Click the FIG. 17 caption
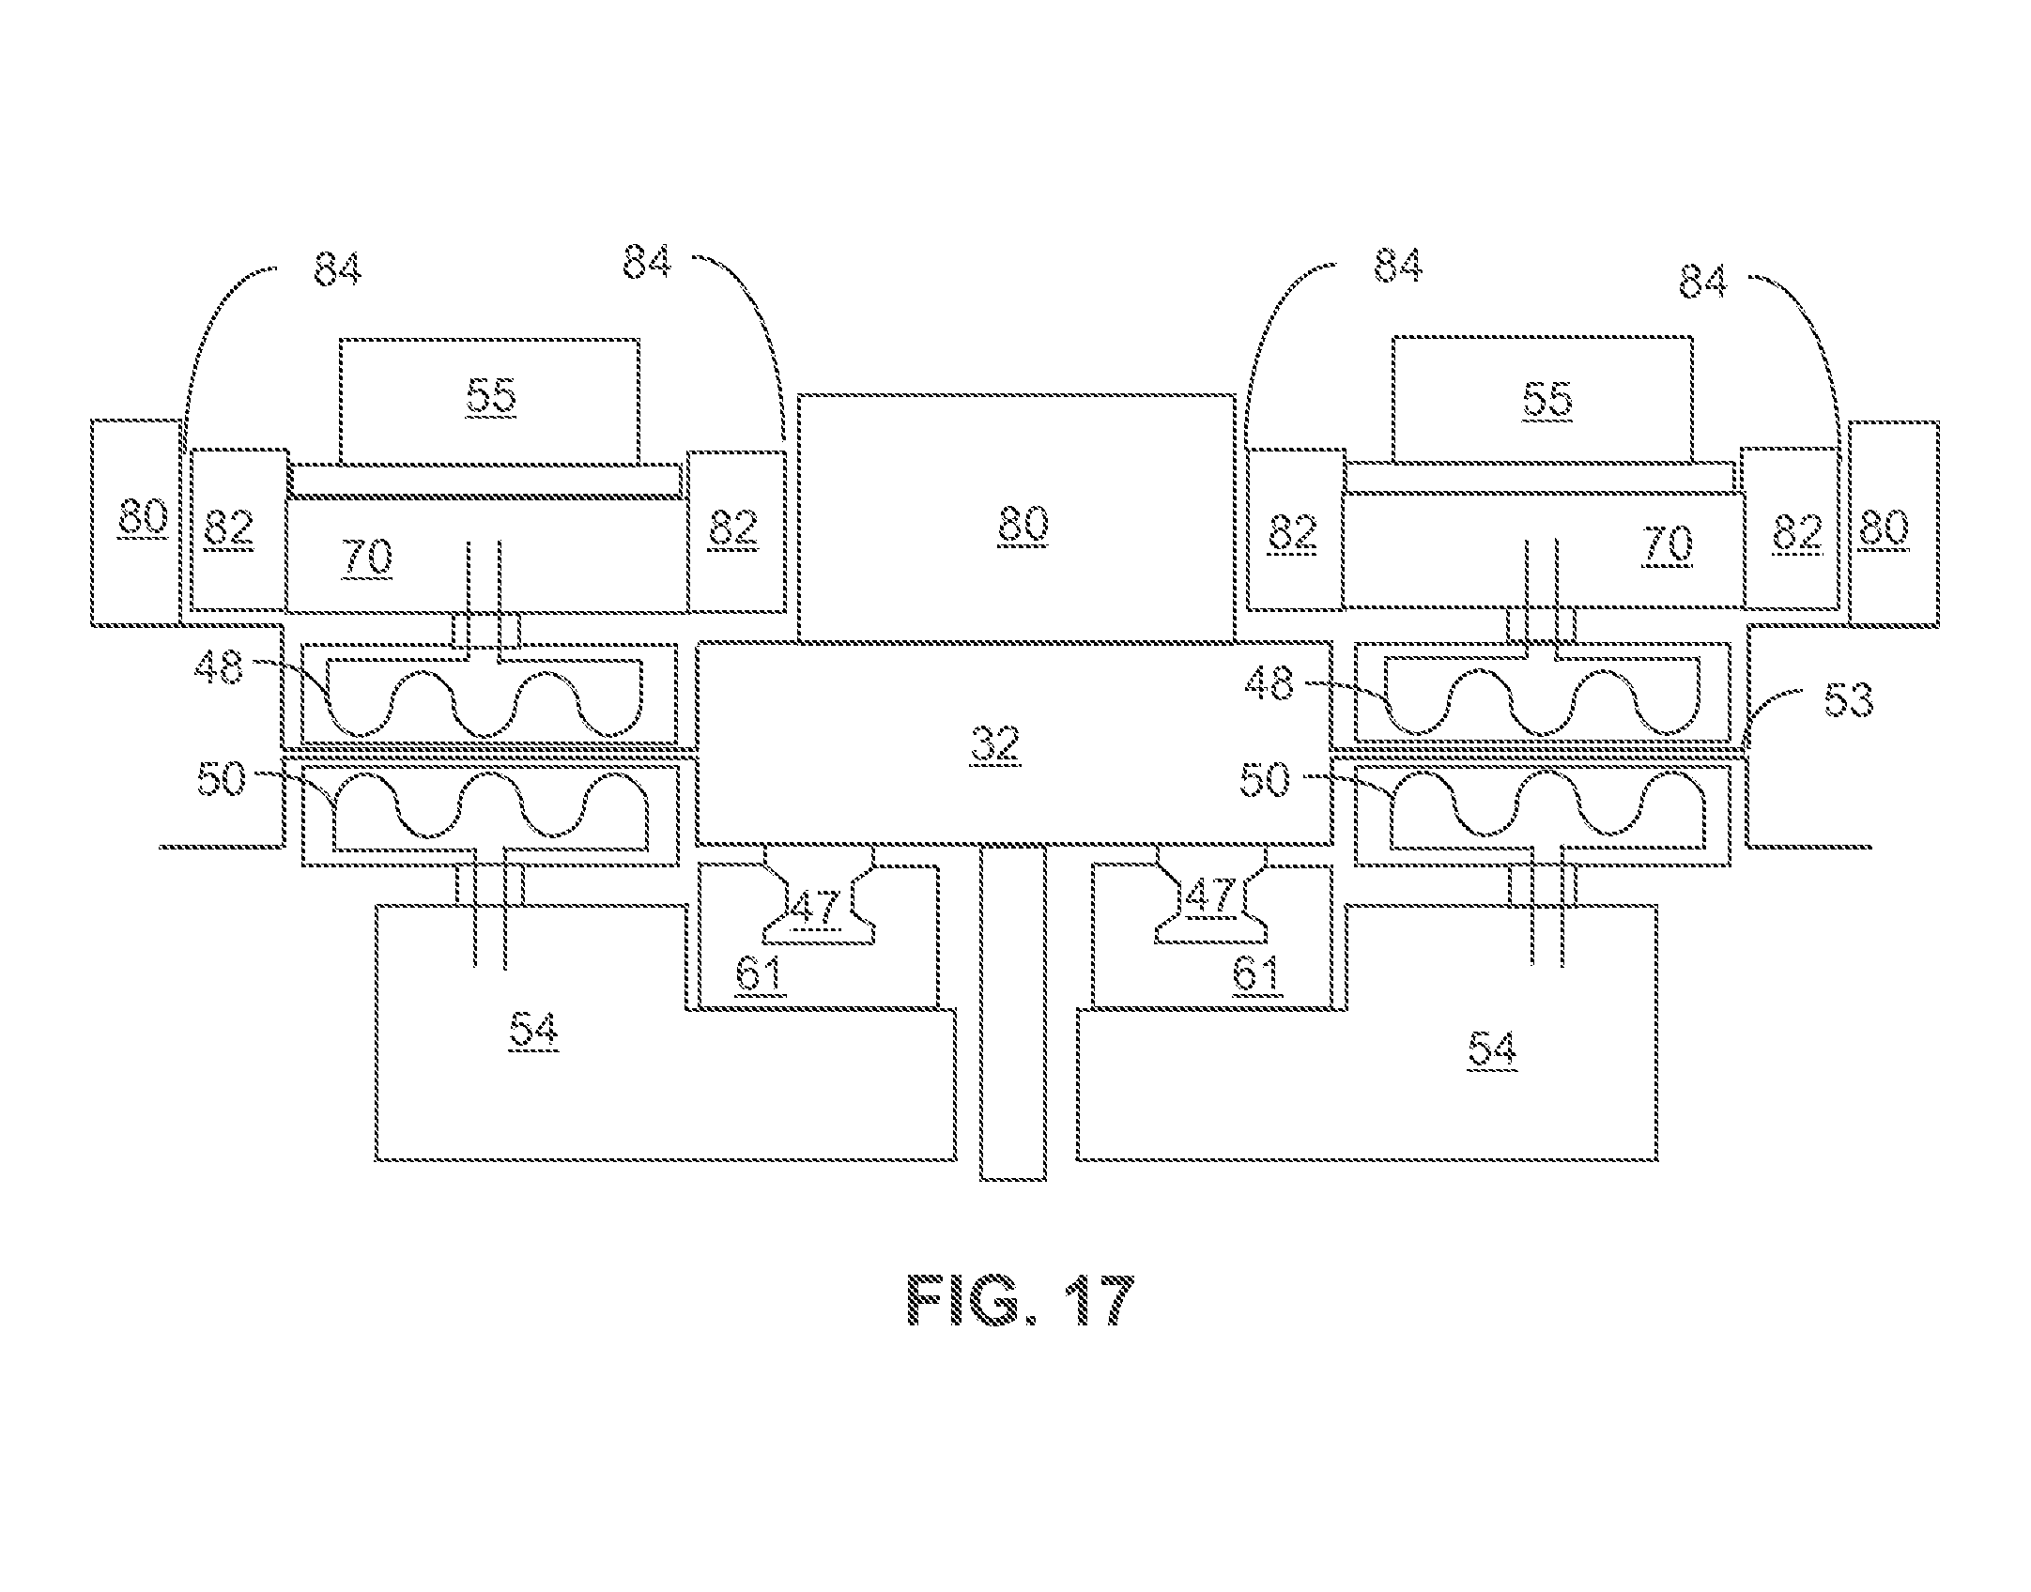coord(1022,1299)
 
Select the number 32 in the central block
coord(996,743)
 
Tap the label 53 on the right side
coord(1848,700)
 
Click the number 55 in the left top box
coord(491,396)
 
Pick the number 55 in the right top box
coord(1547,399)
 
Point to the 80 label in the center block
coord(1023,524)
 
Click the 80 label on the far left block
coord(144,517)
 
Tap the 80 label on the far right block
coord(1885,527)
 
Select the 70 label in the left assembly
coord(368,557)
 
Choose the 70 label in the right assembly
coord(1669,544)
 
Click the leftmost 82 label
coord(229,529)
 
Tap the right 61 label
coord(1256,975)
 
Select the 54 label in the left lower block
coord(533,1032)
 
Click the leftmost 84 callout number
coord(337,268)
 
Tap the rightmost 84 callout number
coord(1703,281)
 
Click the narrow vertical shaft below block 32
coord(1013,1012)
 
